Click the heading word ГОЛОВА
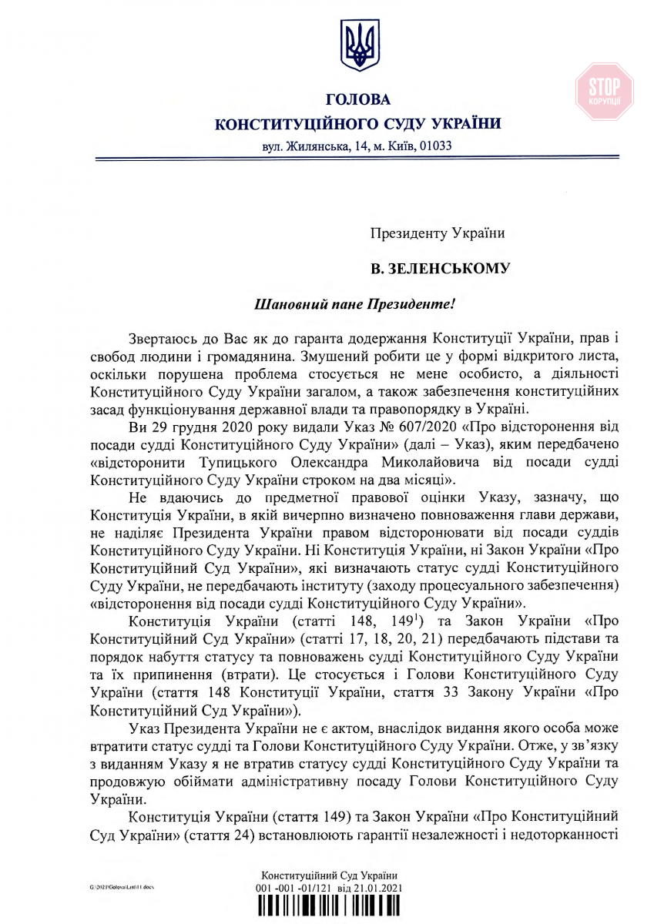click(358, 100)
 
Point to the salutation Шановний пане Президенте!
click(355, 304)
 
